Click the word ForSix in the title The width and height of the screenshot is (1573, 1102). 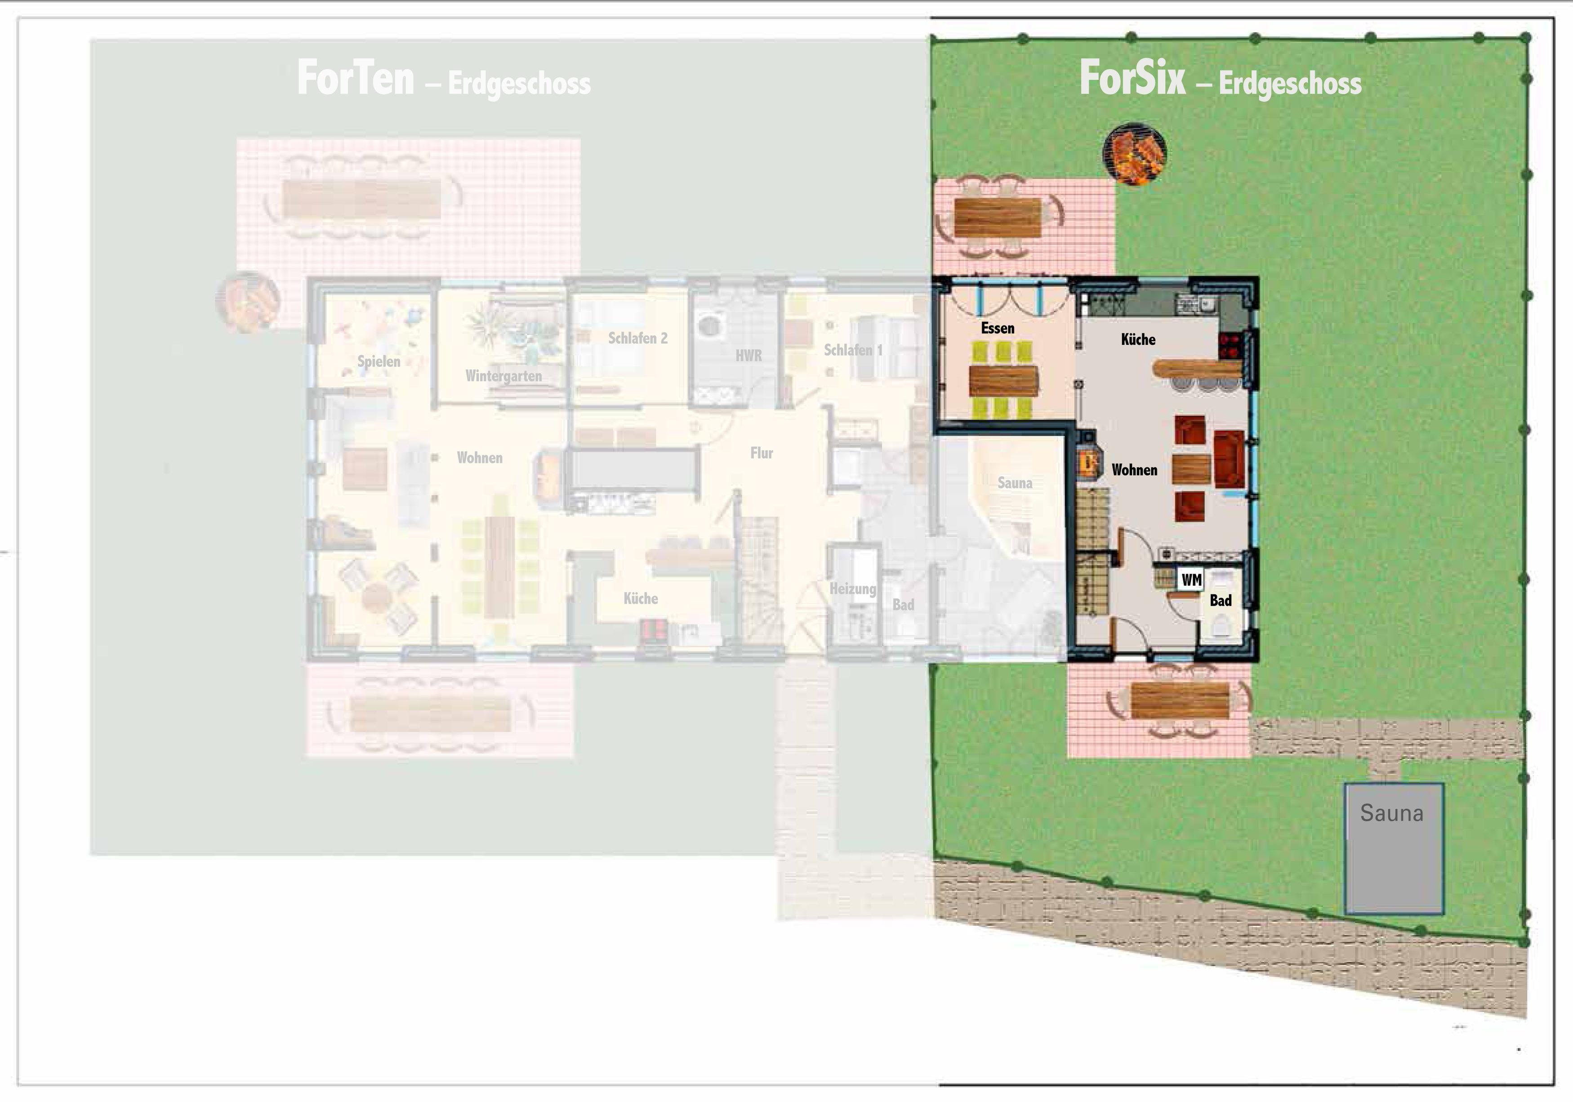[x=1132, y=78]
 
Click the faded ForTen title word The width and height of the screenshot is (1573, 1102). [x=356, y=78]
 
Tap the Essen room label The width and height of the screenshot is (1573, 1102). [x=998, y=328]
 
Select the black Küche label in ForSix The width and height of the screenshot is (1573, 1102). [x=1138, y=339]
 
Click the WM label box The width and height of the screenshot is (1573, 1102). [x=1191, y=580]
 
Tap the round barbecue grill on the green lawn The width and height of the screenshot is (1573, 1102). [x=1134, y=153]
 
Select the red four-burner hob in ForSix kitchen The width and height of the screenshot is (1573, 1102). [x=1230, y=345]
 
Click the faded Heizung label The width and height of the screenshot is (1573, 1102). [x=852, y=589]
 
